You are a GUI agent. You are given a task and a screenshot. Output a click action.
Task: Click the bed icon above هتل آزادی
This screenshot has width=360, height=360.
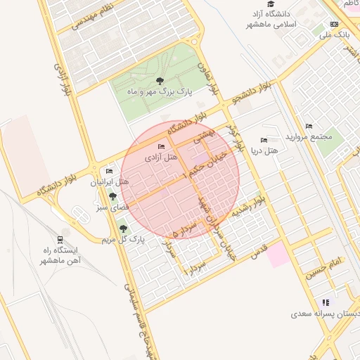click(x=162, y=147)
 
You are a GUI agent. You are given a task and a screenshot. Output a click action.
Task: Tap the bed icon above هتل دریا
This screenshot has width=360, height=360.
click(x=264, y=141)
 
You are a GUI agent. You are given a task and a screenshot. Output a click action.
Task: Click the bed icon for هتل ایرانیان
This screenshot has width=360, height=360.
click(x=109, y=172)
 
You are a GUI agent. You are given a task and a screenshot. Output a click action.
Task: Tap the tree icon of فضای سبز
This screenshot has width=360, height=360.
click(x=112, y=196)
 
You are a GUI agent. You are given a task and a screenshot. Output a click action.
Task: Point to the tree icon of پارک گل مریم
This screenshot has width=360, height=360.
click(x=124, y=229)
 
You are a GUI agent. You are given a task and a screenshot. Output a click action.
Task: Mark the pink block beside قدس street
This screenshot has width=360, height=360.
click(x=278, y=253)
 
